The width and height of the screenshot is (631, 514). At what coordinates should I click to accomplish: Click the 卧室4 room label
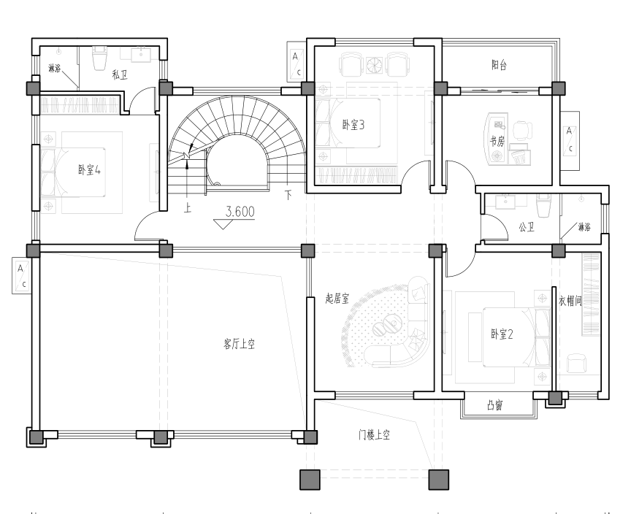(89, 169)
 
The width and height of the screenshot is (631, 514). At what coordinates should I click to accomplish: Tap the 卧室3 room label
(353, 125)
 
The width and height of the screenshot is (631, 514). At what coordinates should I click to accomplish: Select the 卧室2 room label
(502, 334)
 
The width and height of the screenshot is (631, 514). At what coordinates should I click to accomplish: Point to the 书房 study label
(497, 141)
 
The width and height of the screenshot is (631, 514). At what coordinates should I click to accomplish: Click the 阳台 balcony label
(499, 65)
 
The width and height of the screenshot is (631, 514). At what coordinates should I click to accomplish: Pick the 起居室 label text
(337, 299)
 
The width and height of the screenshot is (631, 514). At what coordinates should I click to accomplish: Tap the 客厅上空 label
(239, 345)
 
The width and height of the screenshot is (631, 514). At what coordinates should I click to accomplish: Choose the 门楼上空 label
(374, 434)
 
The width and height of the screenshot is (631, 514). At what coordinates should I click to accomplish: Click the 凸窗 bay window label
(495, 405)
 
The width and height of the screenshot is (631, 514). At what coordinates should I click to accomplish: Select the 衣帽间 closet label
(570, 301)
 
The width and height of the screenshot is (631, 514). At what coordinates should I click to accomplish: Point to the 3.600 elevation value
(240, 212)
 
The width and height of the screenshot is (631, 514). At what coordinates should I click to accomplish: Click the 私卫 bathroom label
(120, 74)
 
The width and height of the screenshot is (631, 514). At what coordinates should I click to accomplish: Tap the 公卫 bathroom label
(527, 227)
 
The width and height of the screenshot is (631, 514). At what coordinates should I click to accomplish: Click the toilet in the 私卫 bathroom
(99, 58)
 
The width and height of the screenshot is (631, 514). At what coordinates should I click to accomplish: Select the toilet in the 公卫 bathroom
(543, 204)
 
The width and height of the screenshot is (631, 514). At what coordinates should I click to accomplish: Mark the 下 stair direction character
(288, 195)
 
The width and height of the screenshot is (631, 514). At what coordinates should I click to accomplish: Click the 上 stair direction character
(188, 208)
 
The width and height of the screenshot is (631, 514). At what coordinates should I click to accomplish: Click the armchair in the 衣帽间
(576, 363)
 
